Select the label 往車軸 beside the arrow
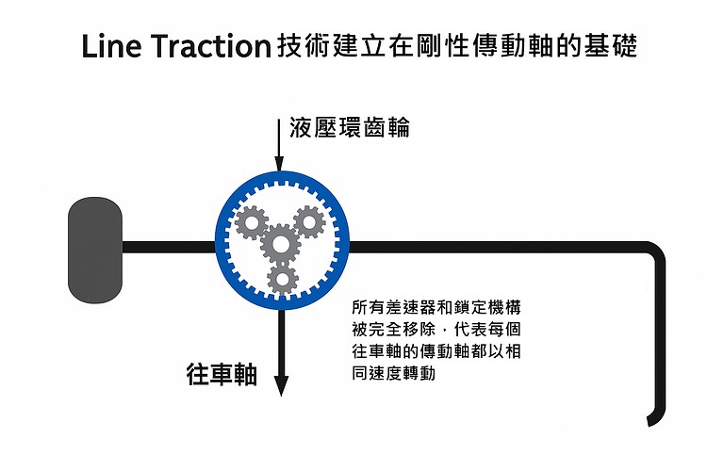point(222,374)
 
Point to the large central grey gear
point(280,244)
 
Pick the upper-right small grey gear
point(308,223)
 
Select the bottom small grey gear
point(281,278)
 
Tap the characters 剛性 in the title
point(430,46)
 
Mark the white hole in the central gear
point(280,244)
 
